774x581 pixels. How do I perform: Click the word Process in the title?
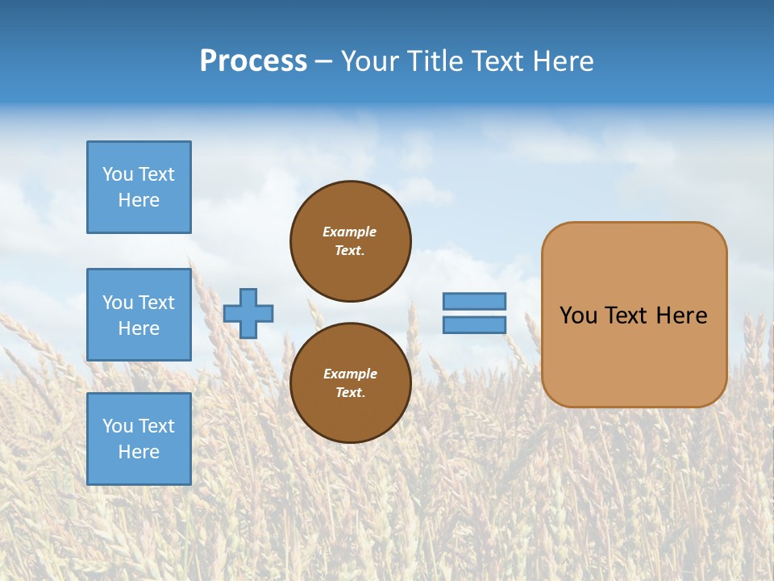click(253, 61)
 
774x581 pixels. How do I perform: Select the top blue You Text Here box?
click(139, 187)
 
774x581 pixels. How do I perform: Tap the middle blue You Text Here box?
click(139, 315)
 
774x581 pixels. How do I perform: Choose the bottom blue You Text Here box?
click(139, 439)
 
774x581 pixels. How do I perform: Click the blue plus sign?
click(248, 313)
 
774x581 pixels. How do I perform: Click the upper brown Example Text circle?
click(350, 241)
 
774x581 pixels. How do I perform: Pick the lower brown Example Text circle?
click(350, 383)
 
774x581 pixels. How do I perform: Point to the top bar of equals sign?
click(474, 302)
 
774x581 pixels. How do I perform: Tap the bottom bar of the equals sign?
click(474, 325)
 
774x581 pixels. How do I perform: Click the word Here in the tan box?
click(681, 316)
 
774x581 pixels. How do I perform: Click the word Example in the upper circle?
click(350, 232)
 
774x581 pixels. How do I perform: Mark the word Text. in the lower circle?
click(350, 393)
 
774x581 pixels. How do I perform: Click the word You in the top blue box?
click(118, 174)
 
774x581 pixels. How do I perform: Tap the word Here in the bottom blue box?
click(139, 452)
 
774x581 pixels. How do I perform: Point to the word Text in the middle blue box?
click(156, 303)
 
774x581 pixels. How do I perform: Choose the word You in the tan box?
click(578, 316)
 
